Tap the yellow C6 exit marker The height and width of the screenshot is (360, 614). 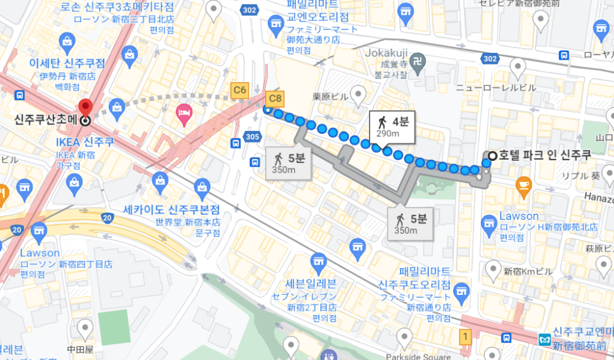(x=239, y=90)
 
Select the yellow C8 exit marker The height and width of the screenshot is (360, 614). (x=276, y=97)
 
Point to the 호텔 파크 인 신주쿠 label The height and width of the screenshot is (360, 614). (x=545, y=155)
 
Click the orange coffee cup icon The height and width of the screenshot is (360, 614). (x=524, y=184)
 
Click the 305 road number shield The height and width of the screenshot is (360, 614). (x=251, y=136)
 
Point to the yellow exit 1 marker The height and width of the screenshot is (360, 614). (x=466, y=336)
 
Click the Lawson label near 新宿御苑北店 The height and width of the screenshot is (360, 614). (x=519, y=216)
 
